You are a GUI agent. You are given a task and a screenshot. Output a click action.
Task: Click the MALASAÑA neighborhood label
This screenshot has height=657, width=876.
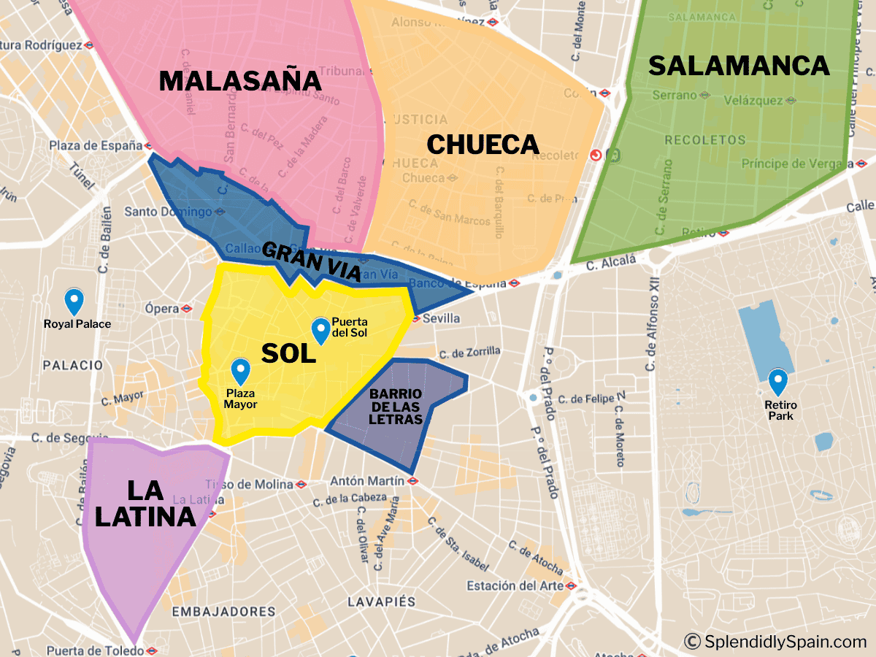tap(240, 80)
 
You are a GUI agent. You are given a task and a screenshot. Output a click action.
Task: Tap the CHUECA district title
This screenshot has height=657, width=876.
tap(483, 145)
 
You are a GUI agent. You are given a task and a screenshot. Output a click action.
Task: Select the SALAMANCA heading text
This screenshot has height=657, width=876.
tap(739, 66)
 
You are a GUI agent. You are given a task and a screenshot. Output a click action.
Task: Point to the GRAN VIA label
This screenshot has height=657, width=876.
tap(312, 262)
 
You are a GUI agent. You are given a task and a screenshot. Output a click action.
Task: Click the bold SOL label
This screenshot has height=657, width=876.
tap(288, 353)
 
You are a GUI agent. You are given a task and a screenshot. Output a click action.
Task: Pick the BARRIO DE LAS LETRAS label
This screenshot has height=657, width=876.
tap(396, 407)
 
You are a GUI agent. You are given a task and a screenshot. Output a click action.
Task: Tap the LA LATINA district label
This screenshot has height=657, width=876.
tap(145, 503)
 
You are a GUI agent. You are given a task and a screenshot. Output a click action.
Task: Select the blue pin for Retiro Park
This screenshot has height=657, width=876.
tap(778, 382)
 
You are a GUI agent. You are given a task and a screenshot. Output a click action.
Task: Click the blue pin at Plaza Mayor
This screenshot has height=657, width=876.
tap(240, 372)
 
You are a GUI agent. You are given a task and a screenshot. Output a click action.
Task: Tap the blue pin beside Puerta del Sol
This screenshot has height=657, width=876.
tap(320, 331)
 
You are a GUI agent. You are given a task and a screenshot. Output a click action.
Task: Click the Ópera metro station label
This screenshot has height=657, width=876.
tap(161, 309)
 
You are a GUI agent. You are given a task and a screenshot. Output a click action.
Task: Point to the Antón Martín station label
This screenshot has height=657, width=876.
tap(366, 481)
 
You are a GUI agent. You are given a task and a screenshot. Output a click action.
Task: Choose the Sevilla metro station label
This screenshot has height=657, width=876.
tap(441, 318)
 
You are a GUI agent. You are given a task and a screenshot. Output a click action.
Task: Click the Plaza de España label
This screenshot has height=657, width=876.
tap(95, 145)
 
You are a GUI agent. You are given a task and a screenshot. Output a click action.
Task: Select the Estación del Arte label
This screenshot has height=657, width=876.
tap(515, 585)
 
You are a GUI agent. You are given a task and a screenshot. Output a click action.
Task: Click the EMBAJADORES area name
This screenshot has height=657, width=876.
tap(223, 612)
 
